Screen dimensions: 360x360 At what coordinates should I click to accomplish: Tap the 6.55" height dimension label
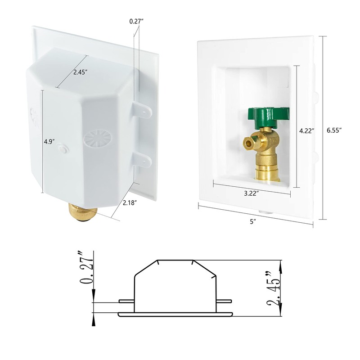point(334,130)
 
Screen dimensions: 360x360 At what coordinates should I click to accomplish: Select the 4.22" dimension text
point(307,130)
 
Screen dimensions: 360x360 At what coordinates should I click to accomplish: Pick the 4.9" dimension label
point(49,142)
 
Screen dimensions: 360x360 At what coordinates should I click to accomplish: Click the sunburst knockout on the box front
point(97,138)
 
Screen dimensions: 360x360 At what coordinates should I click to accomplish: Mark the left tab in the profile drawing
point(126,301)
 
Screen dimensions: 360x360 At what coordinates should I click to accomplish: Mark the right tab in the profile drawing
point(223,301)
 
